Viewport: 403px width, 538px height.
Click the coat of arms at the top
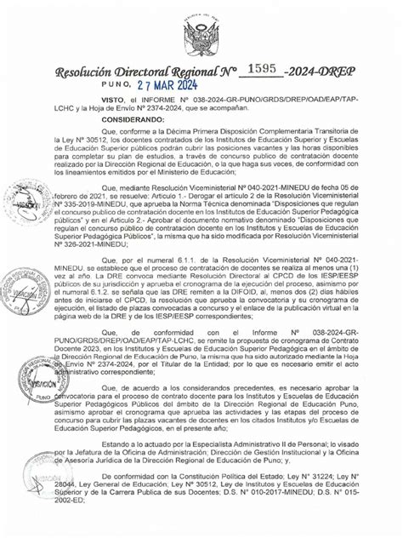click(201, 31)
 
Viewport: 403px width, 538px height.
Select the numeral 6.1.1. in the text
click(196, 279)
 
